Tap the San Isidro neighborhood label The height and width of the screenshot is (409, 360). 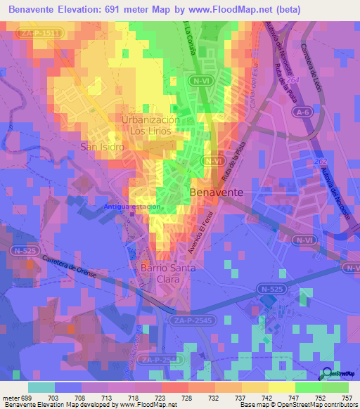102,147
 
